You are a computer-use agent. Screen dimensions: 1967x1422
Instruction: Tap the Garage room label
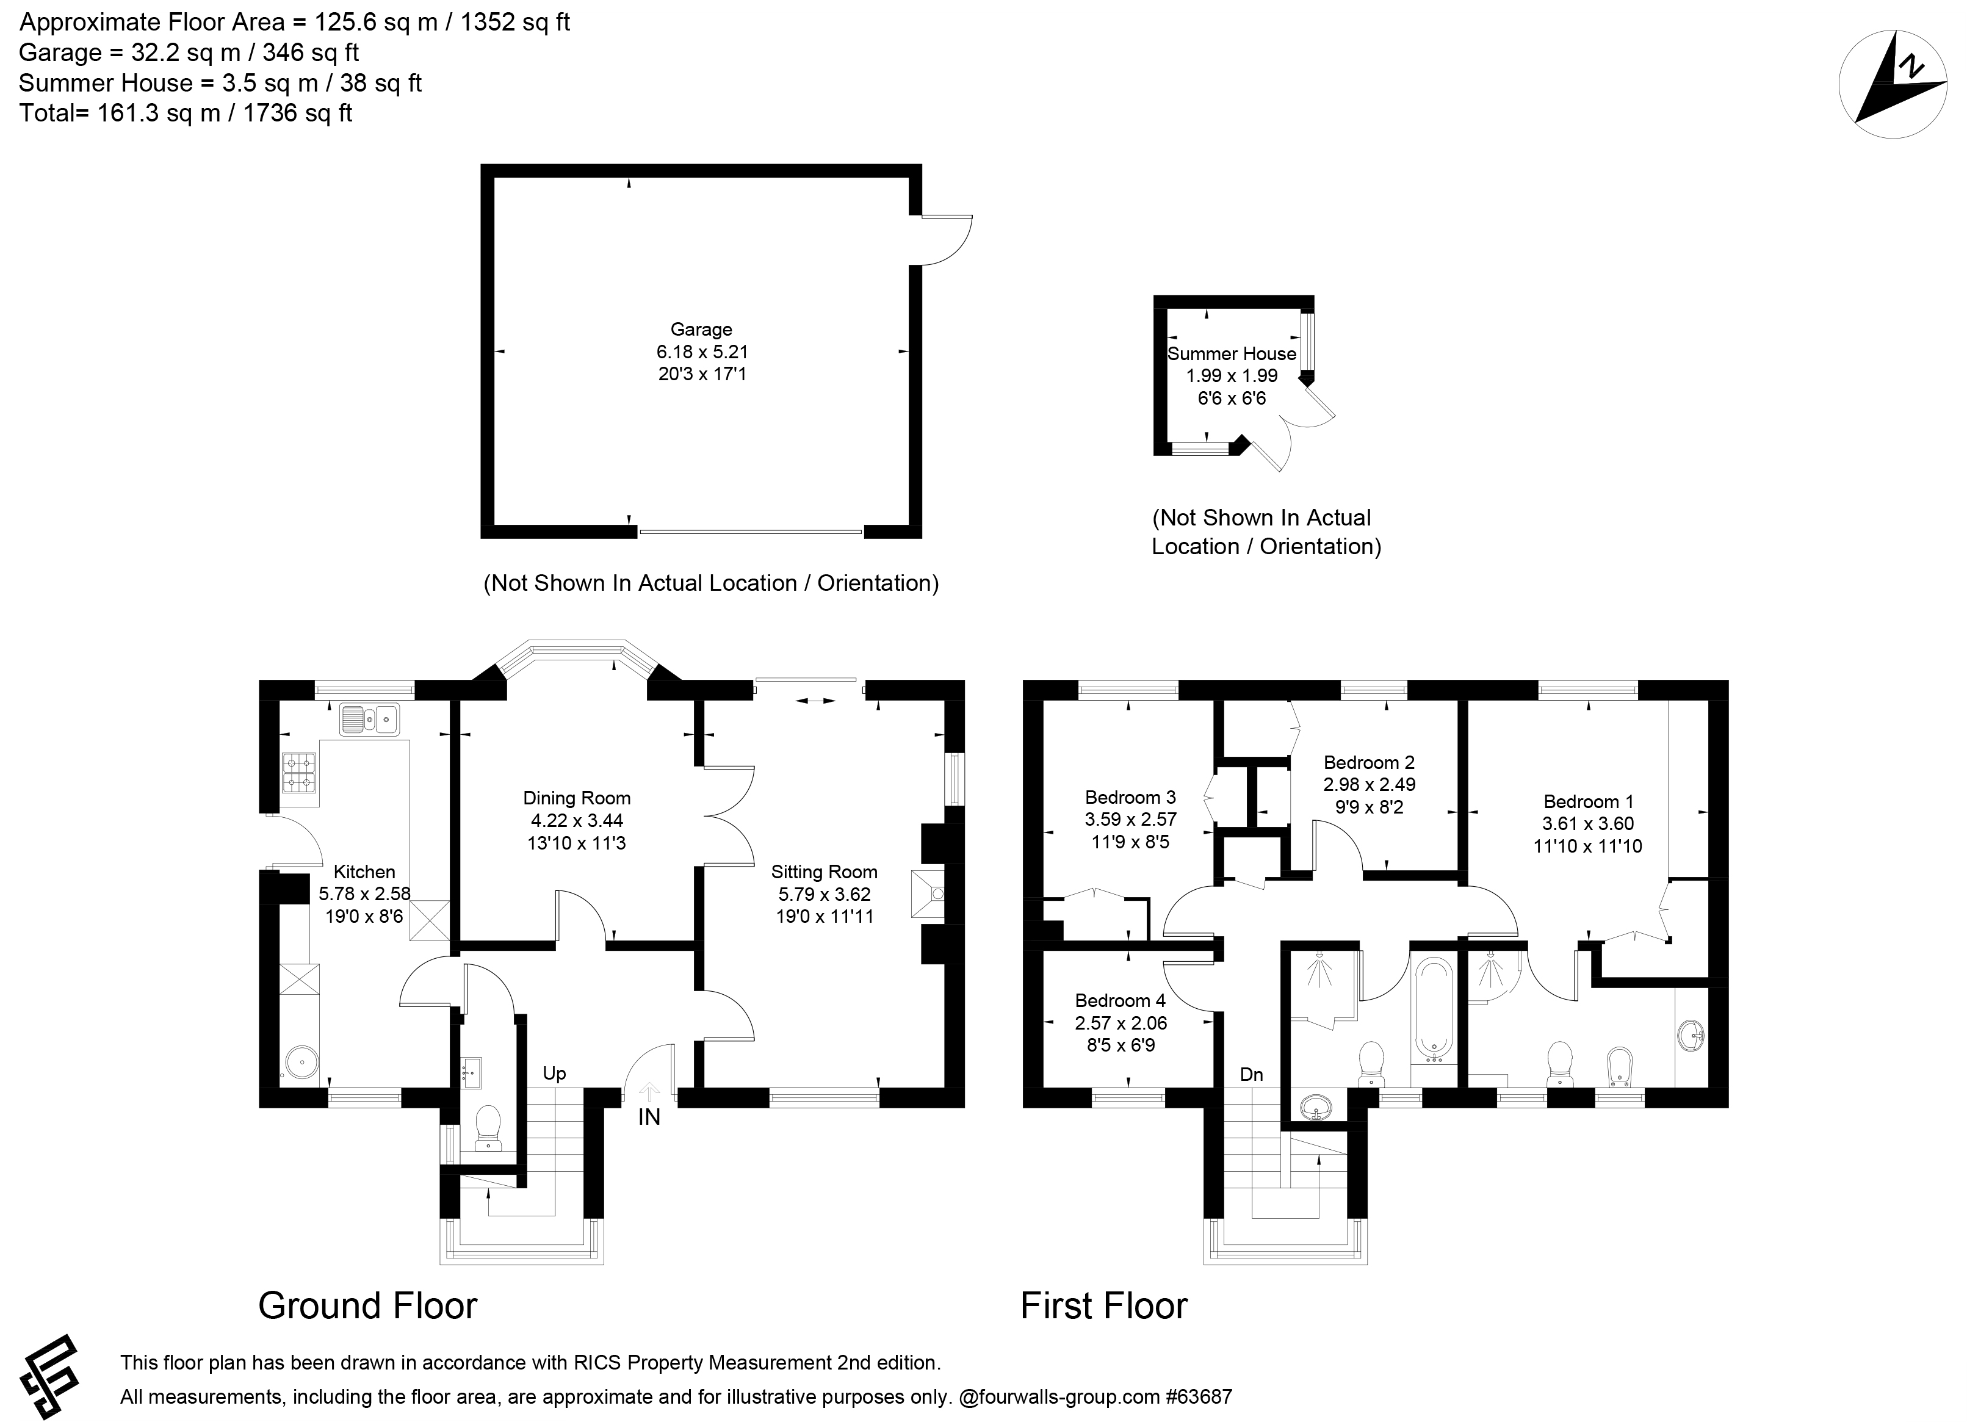pos(701,330)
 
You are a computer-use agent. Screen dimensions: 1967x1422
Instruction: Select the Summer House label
pos(1232,354)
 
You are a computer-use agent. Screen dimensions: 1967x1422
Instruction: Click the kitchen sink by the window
pos(369,719)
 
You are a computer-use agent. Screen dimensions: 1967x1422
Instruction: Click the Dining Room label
pos(577,798)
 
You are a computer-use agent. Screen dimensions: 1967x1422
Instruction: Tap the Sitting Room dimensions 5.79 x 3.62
pos(824,894)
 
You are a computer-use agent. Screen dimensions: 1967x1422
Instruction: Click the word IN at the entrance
pos(649,1117)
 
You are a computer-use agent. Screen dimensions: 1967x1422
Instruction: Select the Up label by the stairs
pos(554,1074)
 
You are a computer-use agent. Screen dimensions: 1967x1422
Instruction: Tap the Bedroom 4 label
pos(1121,1001)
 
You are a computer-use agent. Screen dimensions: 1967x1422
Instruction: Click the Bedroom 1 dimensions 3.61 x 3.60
pos(1588,824)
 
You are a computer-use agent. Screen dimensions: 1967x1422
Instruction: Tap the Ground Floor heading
pos(368,1306)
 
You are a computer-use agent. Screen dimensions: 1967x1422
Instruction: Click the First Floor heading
pos(1104,1306)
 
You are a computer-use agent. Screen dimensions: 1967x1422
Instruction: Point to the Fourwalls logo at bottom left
pos(49,1377)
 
